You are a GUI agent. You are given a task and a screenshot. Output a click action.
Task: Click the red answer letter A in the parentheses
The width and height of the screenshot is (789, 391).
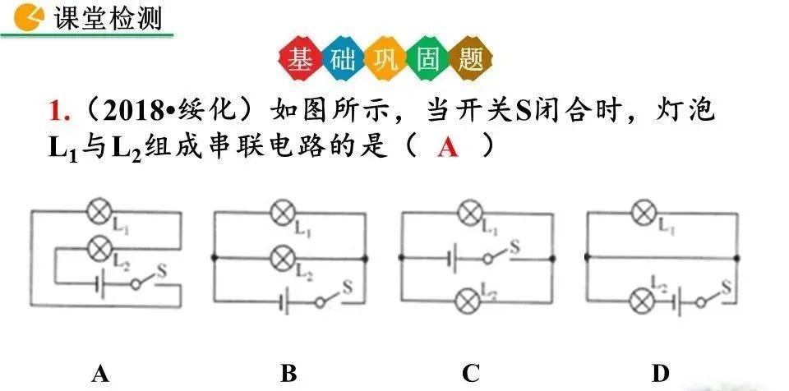click(x=447, y=147)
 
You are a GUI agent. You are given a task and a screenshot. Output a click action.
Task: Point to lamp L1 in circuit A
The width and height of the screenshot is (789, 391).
click(x=99, y=214)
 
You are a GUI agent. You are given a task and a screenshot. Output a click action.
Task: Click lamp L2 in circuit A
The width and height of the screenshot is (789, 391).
click(x=99, y=246)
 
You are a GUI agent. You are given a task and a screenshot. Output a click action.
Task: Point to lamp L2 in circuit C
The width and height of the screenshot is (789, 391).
click(x=469, y=297)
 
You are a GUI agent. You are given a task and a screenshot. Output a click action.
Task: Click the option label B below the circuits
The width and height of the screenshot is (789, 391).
click(x=288, y=374)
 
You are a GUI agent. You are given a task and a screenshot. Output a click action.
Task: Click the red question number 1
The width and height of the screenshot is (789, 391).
click(x=56, y=110)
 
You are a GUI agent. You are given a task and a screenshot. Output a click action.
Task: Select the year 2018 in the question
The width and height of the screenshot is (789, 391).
click(x=130, y=111)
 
